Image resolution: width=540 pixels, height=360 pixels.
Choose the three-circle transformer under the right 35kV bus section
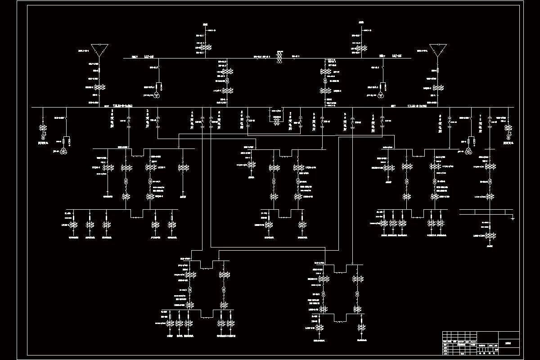click(x=381, y=95)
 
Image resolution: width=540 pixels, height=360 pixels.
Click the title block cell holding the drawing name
click(x=508, y=342)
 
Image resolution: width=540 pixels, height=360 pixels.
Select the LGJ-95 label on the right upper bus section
click(x=397, y=56)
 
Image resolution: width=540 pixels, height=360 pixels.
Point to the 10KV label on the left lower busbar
click(x=107, y=106)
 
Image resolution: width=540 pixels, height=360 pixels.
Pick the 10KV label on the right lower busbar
click(x=393, y=106)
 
